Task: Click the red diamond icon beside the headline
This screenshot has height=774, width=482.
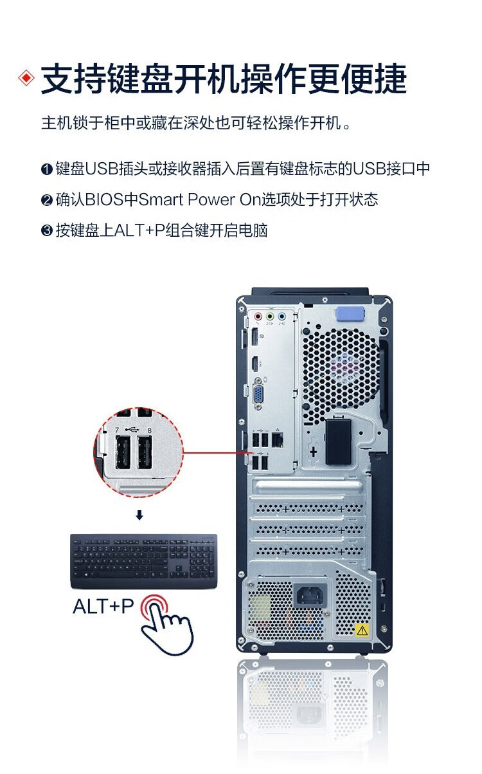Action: click(x=26, y=78)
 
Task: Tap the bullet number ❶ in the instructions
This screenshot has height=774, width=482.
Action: click(x=46, y=170)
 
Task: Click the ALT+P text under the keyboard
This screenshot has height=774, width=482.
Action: click(x=103, y=606)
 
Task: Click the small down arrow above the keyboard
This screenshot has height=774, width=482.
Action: click(x=139, y=515)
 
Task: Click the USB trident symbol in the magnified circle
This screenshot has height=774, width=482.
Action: click(x=132, y=429)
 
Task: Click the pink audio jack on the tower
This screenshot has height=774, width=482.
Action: click(x=258, y=317)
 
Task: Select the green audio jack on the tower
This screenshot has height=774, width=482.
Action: click(x=270, y=317)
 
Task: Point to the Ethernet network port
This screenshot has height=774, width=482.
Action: click(x=278, y=439)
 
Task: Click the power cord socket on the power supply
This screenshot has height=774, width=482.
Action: click(x=310, y=595)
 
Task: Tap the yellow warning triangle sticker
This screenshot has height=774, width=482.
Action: click(x=362, y=629)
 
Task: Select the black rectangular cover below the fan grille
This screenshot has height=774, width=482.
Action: click(x=337, y=441)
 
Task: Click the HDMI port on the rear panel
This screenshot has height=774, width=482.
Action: click(x=255, y=364)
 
